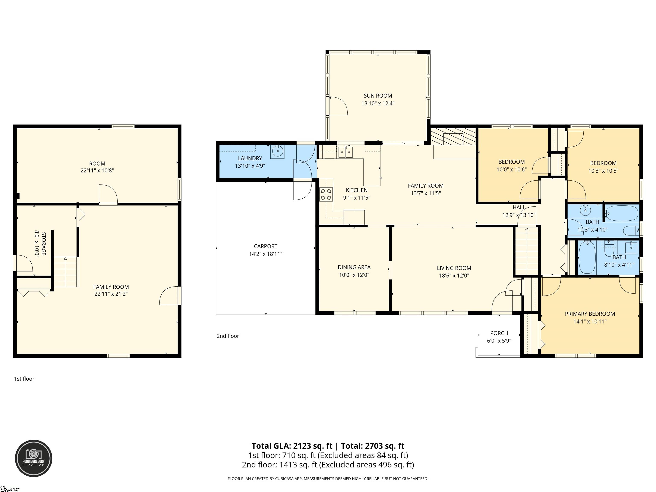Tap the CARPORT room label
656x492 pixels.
(265, 246)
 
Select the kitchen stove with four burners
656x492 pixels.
(326, 195)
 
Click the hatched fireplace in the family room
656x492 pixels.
(453, 136)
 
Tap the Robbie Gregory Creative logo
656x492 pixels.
(34, 458)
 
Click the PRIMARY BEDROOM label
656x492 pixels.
(590, 314)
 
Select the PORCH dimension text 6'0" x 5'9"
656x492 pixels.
(499, 341)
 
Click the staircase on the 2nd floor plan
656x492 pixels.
(526, 251)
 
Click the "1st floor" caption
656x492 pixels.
(24, 379)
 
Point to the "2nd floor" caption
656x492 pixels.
(228, 336)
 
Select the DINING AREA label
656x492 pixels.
(354, 267)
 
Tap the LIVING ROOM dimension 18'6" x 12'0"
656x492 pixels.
(454, 275)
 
